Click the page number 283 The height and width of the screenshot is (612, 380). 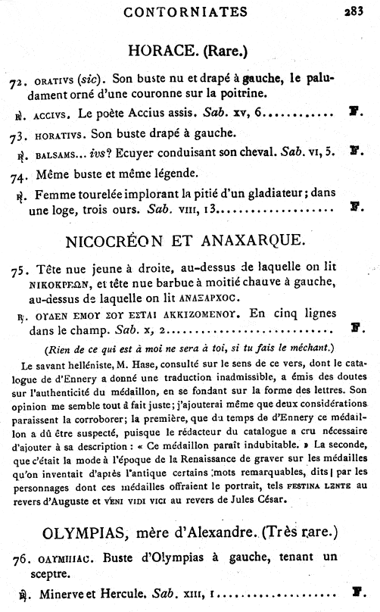point(354,11)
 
